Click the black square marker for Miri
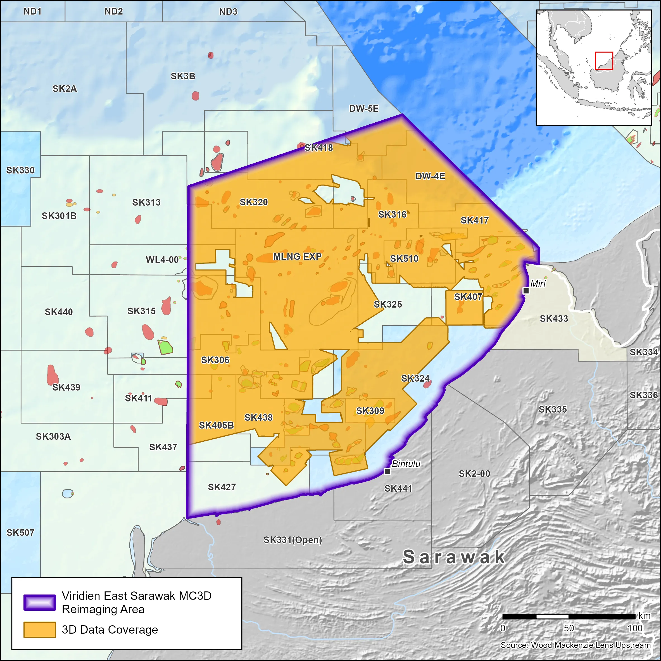(526, 291)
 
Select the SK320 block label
(253, 202)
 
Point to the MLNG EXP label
(297, 256)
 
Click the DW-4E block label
(430, 176)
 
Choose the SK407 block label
(468, 297)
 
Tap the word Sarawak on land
(454, 557)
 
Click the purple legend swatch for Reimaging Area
(40, 603)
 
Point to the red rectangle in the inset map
(604, 61)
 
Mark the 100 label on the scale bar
(635, 628)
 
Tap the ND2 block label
(114, 12)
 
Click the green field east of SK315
(165, 347)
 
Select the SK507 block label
(20, 533)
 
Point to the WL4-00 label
(162, 260)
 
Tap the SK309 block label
(370, 411)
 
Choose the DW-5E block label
(364, 109)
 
